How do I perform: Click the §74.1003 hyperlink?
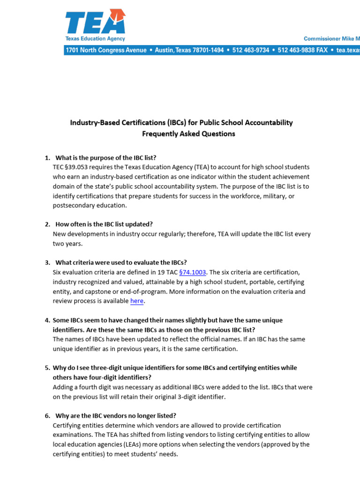pos(193,272)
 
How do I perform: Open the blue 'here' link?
pos(137,301)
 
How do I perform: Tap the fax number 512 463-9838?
pos(297,50)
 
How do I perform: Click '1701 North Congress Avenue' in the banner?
pos(106,50)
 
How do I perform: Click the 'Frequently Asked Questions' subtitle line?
pos(188,134)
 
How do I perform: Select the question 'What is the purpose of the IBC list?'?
pos(106,157)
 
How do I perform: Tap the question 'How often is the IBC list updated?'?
pos(104,224)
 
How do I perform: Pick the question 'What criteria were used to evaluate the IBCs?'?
pos(121,262)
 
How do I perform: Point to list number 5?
pos(47,368)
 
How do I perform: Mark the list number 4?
pos(47,320)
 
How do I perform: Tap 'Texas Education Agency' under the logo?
pos(95,39)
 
